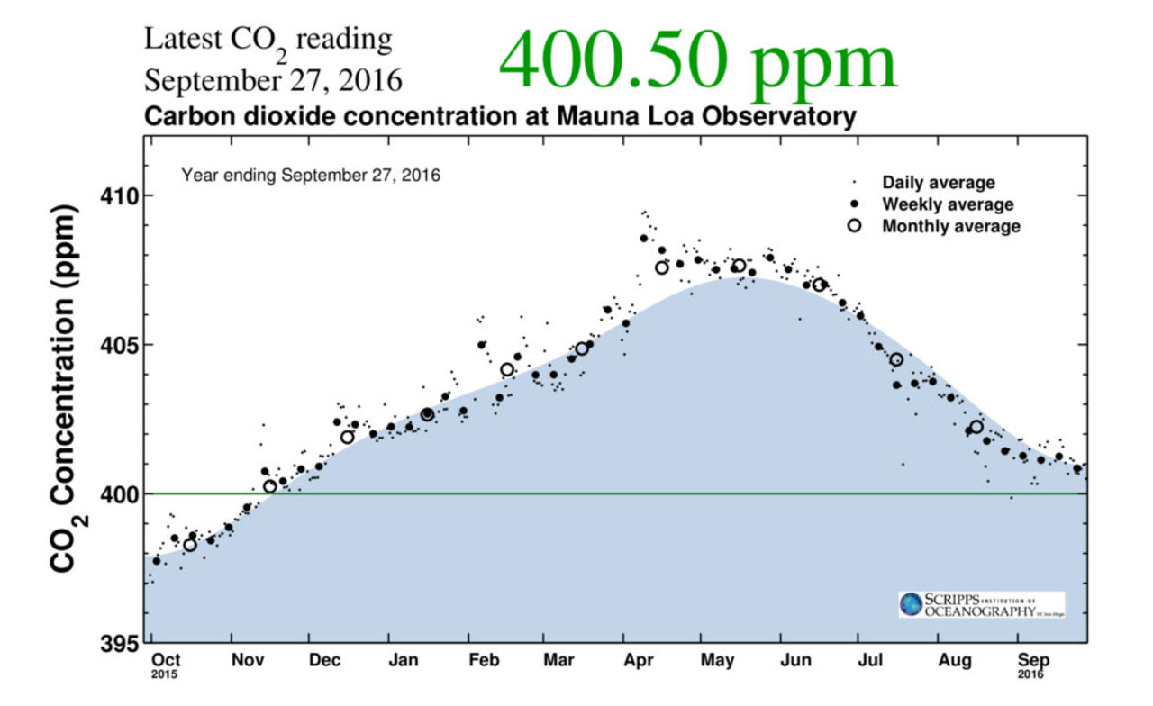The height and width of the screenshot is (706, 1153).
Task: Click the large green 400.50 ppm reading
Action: (x=698, y=61)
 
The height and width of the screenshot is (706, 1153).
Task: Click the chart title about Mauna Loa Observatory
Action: (x=500, y=117)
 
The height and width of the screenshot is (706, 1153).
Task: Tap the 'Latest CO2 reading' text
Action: (x=268, y=41)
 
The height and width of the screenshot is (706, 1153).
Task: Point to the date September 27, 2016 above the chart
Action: (x=273, y=80)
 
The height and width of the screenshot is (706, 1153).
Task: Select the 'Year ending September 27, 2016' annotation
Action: (x=311, y=175)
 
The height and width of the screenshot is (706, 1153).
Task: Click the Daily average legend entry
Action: (x=938, y=183)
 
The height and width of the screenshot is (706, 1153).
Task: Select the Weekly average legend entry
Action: (x=947, y=204)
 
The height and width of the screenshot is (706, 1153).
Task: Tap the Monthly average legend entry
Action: (x=950, y=226)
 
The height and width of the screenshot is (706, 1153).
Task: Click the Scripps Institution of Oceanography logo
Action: (x=981, y=604)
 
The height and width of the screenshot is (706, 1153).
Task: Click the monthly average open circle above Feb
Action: (x=507, y=369)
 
